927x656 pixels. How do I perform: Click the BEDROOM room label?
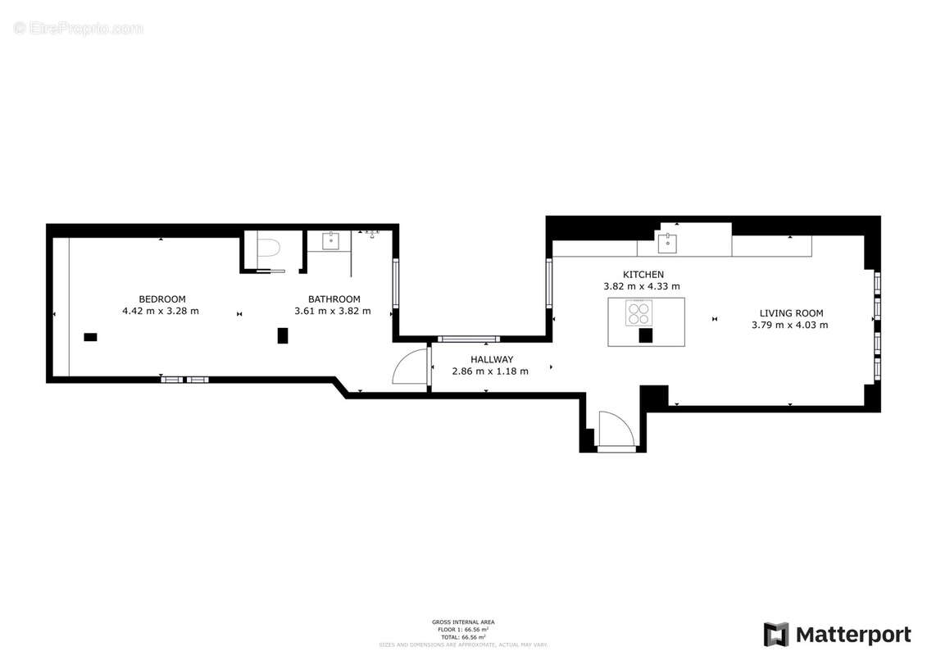(161, 298)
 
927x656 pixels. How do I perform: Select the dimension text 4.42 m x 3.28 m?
(161, 311)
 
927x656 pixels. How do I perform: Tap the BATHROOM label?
(334, 298)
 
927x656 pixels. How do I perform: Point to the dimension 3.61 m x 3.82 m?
(332, 311)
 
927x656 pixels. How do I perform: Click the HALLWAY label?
(492, 359)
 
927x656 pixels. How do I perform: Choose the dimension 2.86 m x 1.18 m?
(490, 371)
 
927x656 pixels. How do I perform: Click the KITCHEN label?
(643, 274)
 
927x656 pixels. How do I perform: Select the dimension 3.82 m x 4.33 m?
(642, 286)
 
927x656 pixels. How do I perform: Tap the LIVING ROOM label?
(791, 312)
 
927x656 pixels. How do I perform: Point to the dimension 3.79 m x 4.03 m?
(789, 325)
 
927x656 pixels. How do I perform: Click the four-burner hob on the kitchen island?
(639, 312)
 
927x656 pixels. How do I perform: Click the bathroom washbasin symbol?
(331, 240)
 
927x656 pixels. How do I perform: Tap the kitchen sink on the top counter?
(667, 242)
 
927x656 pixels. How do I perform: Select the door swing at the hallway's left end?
(411, 367)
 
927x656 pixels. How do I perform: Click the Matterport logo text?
(852, 635)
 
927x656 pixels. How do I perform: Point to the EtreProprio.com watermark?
(78, 28)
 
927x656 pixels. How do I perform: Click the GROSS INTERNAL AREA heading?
(463, 622)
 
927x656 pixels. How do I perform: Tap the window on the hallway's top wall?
(468, 339)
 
